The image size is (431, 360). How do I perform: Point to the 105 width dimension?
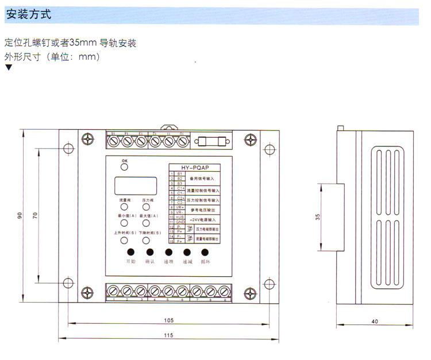[x=168, y=320]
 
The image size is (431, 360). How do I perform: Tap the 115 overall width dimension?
[x=168, y=335]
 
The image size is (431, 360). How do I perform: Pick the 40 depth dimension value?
[x=375, y=322]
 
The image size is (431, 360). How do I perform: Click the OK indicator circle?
[x=124, y=168]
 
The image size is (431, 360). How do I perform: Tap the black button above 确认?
[x=149, y=252]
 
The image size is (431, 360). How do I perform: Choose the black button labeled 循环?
[x=205, y=252]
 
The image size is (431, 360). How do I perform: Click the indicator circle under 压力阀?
[x=146, y=208]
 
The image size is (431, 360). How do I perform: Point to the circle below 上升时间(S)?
[x=123, y=241]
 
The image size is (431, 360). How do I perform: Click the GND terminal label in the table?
[x=180, y=222]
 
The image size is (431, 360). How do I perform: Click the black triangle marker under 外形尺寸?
[x=8, y=67]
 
